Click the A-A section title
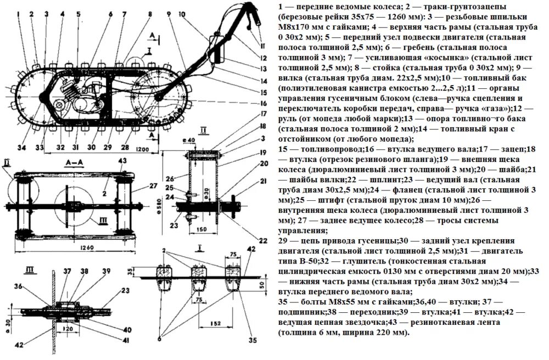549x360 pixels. pos(72,162)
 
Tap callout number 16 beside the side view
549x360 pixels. pos(264,103)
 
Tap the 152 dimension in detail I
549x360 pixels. pos(217,323)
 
